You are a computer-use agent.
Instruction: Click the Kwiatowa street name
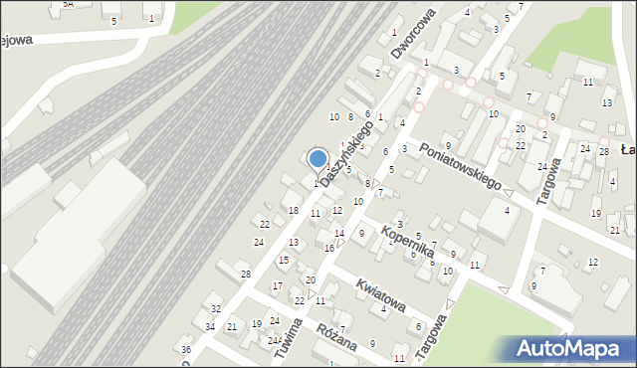pos(382,294)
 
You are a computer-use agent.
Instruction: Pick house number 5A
pos(68,4)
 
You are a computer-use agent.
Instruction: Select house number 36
pos(185,349)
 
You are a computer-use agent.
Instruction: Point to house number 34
pos(210,327)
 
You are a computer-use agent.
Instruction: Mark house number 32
pos(216,309)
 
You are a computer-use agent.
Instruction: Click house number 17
pos(277,286)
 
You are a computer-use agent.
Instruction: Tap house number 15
pos(284,261)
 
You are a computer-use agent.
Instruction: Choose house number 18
pos(293,210)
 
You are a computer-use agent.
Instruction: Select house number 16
pos(329,248)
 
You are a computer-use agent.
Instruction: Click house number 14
pos(339,234)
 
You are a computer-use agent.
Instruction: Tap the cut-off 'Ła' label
pos(627,150)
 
